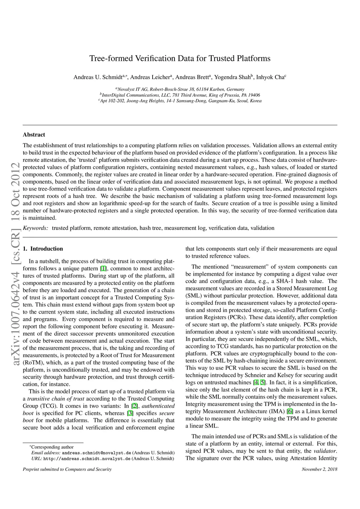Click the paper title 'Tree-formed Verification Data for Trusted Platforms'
[x=180, y=58]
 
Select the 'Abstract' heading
[x=34, y=135]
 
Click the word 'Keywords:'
[x=36, y=228]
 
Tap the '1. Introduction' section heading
[x=43, y=249]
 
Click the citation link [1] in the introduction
[x=103, y=269]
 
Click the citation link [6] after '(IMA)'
[x=290, y=411]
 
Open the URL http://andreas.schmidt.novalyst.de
[x=87, y=458]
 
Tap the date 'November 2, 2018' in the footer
[x=319, y=469]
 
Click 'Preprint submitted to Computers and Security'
[x=67, y=469]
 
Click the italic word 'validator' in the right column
[x=325, y=451]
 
